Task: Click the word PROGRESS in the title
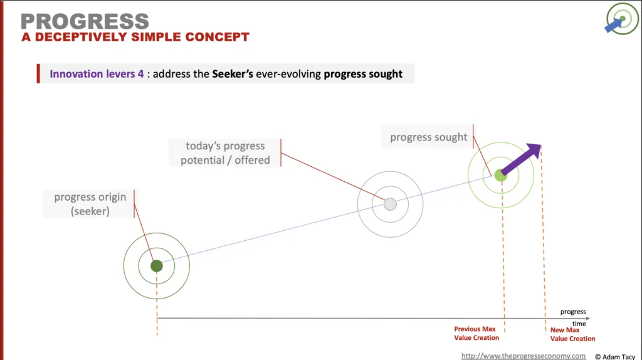(85, 21)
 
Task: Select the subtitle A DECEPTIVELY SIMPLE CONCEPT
(135, 37)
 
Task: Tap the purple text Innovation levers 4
(97, 74)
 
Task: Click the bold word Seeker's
(232, 74)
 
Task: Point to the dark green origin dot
(156, 266)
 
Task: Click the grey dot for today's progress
(390, 204)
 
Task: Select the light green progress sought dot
(500, 175)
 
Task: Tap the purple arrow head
(535, 151)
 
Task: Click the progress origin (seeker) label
(90, 204)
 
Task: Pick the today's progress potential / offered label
(225, 153)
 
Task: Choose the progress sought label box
(428, 137)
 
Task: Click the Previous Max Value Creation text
(476, 334)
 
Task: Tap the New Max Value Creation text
(572, 334)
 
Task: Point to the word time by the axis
(579, 324)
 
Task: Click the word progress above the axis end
(573, 312)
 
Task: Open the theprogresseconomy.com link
(524, 356)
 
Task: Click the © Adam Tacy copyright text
(615, 357)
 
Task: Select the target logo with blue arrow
(621, 18)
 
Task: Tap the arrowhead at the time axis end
(588, 318)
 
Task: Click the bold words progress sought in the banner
(363, 74)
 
